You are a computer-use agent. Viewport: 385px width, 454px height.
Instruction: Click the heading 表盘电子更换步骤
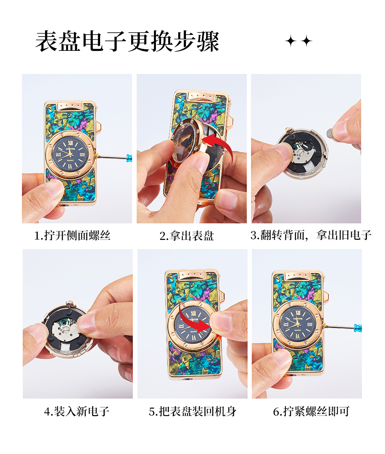point(127,42)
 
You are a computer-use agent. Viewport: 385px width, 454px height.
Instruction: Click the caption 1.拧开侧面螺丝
point(72,236)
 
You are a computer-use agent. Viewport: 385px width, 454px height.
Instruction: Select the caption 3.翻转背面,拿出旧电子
point(311,235)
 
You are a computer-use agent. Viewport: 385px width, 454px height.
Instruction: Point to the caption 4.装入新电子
point(77,411)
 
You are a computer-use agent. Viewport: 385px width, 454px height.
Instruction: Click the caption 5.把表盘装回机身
point(193,411)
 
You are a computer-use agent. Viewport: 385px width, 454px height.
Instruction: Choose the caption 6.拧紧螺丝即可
point(311,411)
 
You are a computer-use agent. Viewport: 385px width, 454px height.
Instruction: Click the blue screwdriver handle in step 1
point(129,158)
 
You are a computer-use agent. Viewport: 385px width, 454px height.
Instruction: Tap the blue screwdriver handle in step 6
point(358,328)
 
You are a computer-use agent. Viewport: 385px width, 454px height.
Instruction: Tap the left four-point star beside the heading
point(291,41)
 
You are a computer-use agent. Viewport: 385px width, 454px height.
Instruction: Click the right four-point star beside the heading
point(306,41)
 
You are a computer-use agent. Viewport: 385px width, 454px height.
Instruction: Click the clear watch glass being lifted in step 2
point(184,142)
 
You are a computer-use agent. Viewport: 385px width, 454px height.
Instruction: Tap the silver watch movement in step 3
point(304,151)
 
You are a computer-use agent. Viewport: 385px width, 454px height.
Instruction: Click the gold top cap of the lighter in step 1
point(70,106)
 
